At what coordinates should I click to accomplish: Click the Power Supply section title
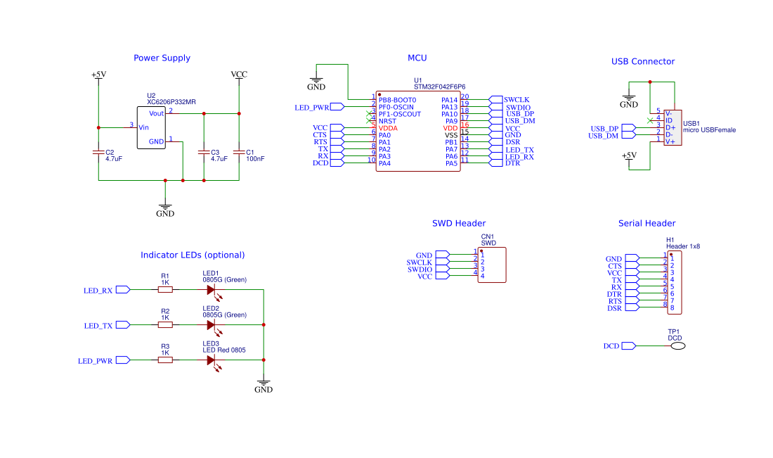click(x=162, y=58)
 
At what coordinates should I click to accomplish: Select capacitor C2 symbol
click(x=98, y=152)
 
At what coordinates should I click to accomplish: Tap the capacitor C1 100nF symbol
click(x=240, y=152)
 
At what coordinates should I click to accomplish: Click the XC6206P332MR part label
click(x=171, y=102)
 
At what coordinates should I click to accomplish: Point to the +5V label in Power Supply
click(x=98, y=75)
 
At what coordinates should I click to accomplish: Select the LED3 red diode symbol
click(x=211, y=360)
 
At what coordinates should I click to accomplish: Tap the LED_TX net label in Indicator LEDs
click(x=98, y=326)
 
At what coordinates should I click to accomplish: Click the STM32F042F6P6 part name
click(x=440, y=87)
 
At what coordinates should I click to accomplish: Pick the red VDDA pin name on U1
click(x=388, y=128)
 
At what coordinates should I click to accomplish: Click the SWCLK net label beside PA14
click(x=517, y=100)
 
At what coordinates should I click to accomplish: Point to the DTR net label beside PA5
click(x=512, y=163)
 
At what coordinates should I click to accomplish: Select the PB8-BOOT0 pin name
click(x=397, y=100)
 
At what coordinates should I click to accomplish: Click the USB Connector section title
click(x=642, y=62)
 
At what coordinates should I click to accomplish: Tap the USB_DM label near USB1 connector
click(x=604, y=136)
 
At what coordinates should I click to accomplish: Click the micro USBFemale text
click(x=709, y=130)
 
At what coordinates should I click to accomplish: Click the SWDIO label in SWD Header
click(x=420, y=269)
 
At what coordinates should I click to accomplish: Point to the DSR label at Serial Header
click(x=614, y=308)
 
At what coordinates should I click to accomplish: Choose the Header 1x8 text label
click(x=683, y=247)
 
